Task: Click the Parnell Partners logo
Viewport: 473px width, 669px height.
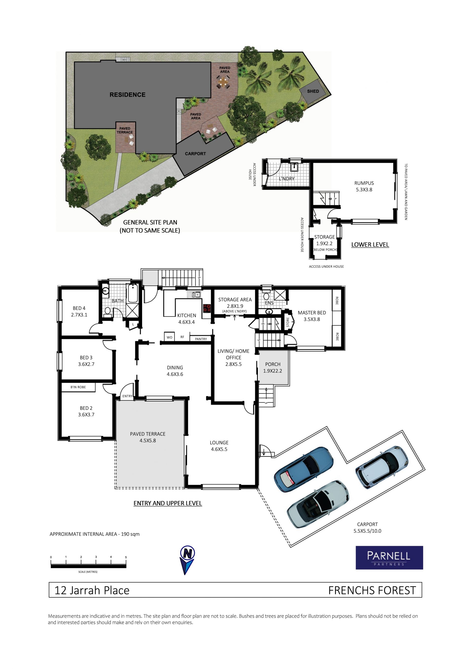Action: coord(389,558)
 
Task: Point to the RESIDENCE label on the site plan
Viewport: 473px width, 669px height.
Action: coord(127,95)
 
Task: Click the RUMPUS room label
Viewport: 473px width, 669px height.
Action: coord(364,183)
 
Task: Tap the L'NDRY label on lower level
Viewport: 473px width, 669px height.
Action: coord(287,179)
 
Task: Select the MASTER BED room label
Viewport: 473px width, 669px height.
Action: coord(312,313)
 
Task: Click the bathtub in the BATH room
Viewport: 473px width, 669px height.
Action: coord(133,293)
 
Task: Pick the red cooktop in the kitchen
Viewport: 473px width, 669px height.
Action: coord(207,308)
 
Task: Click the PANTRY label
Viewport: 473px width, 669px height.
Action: coord(201,339)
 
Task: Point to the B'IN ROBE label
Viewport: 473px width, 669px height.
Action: coord(78,387)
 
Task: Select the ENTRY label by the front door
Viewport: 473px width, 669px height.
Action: coord(127,396)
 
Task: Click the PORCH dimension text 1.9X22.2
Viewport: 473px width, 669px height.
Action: coord(272,371)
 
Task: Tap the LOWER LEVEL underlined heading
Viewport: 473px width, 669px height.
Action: coord(370,245)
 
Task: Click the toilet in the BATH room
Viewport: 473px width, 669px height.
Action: coord(108,312)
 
